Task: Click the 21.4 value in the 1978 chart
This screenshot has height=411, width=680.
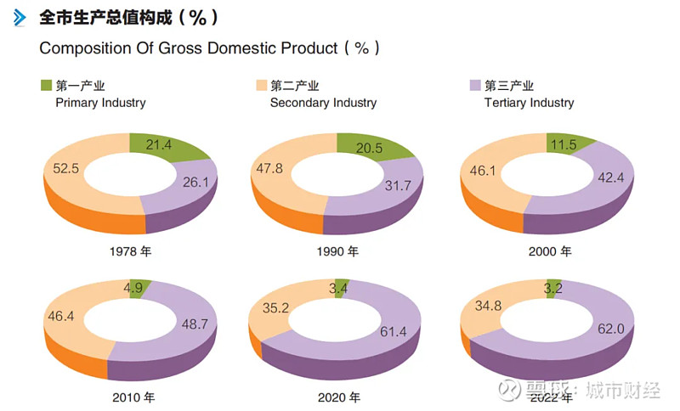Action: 159,145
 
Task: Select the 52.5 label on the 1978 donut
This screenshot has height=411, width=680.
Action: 65,168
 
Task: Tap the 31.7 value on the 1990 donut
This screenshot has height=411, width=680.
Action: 399,185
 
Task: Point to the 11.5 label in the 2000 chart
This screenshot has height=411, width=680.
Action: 563,144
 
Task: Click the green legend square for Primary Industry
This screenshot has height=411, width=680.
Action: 46,86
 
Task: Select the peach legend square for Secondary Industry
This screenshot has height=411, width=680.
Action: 261,86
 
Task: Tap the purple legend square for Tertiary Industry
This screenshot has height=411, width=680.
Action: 475,86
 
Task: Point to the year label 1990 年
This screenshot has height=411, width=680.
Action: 337,251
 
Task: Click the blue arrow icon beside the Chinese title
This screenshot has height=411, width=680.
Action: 20,17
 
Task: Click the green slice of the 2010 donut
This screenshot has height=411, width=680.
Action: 139,287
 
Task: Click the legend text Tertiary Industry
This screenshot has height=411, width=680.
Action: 529,103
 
